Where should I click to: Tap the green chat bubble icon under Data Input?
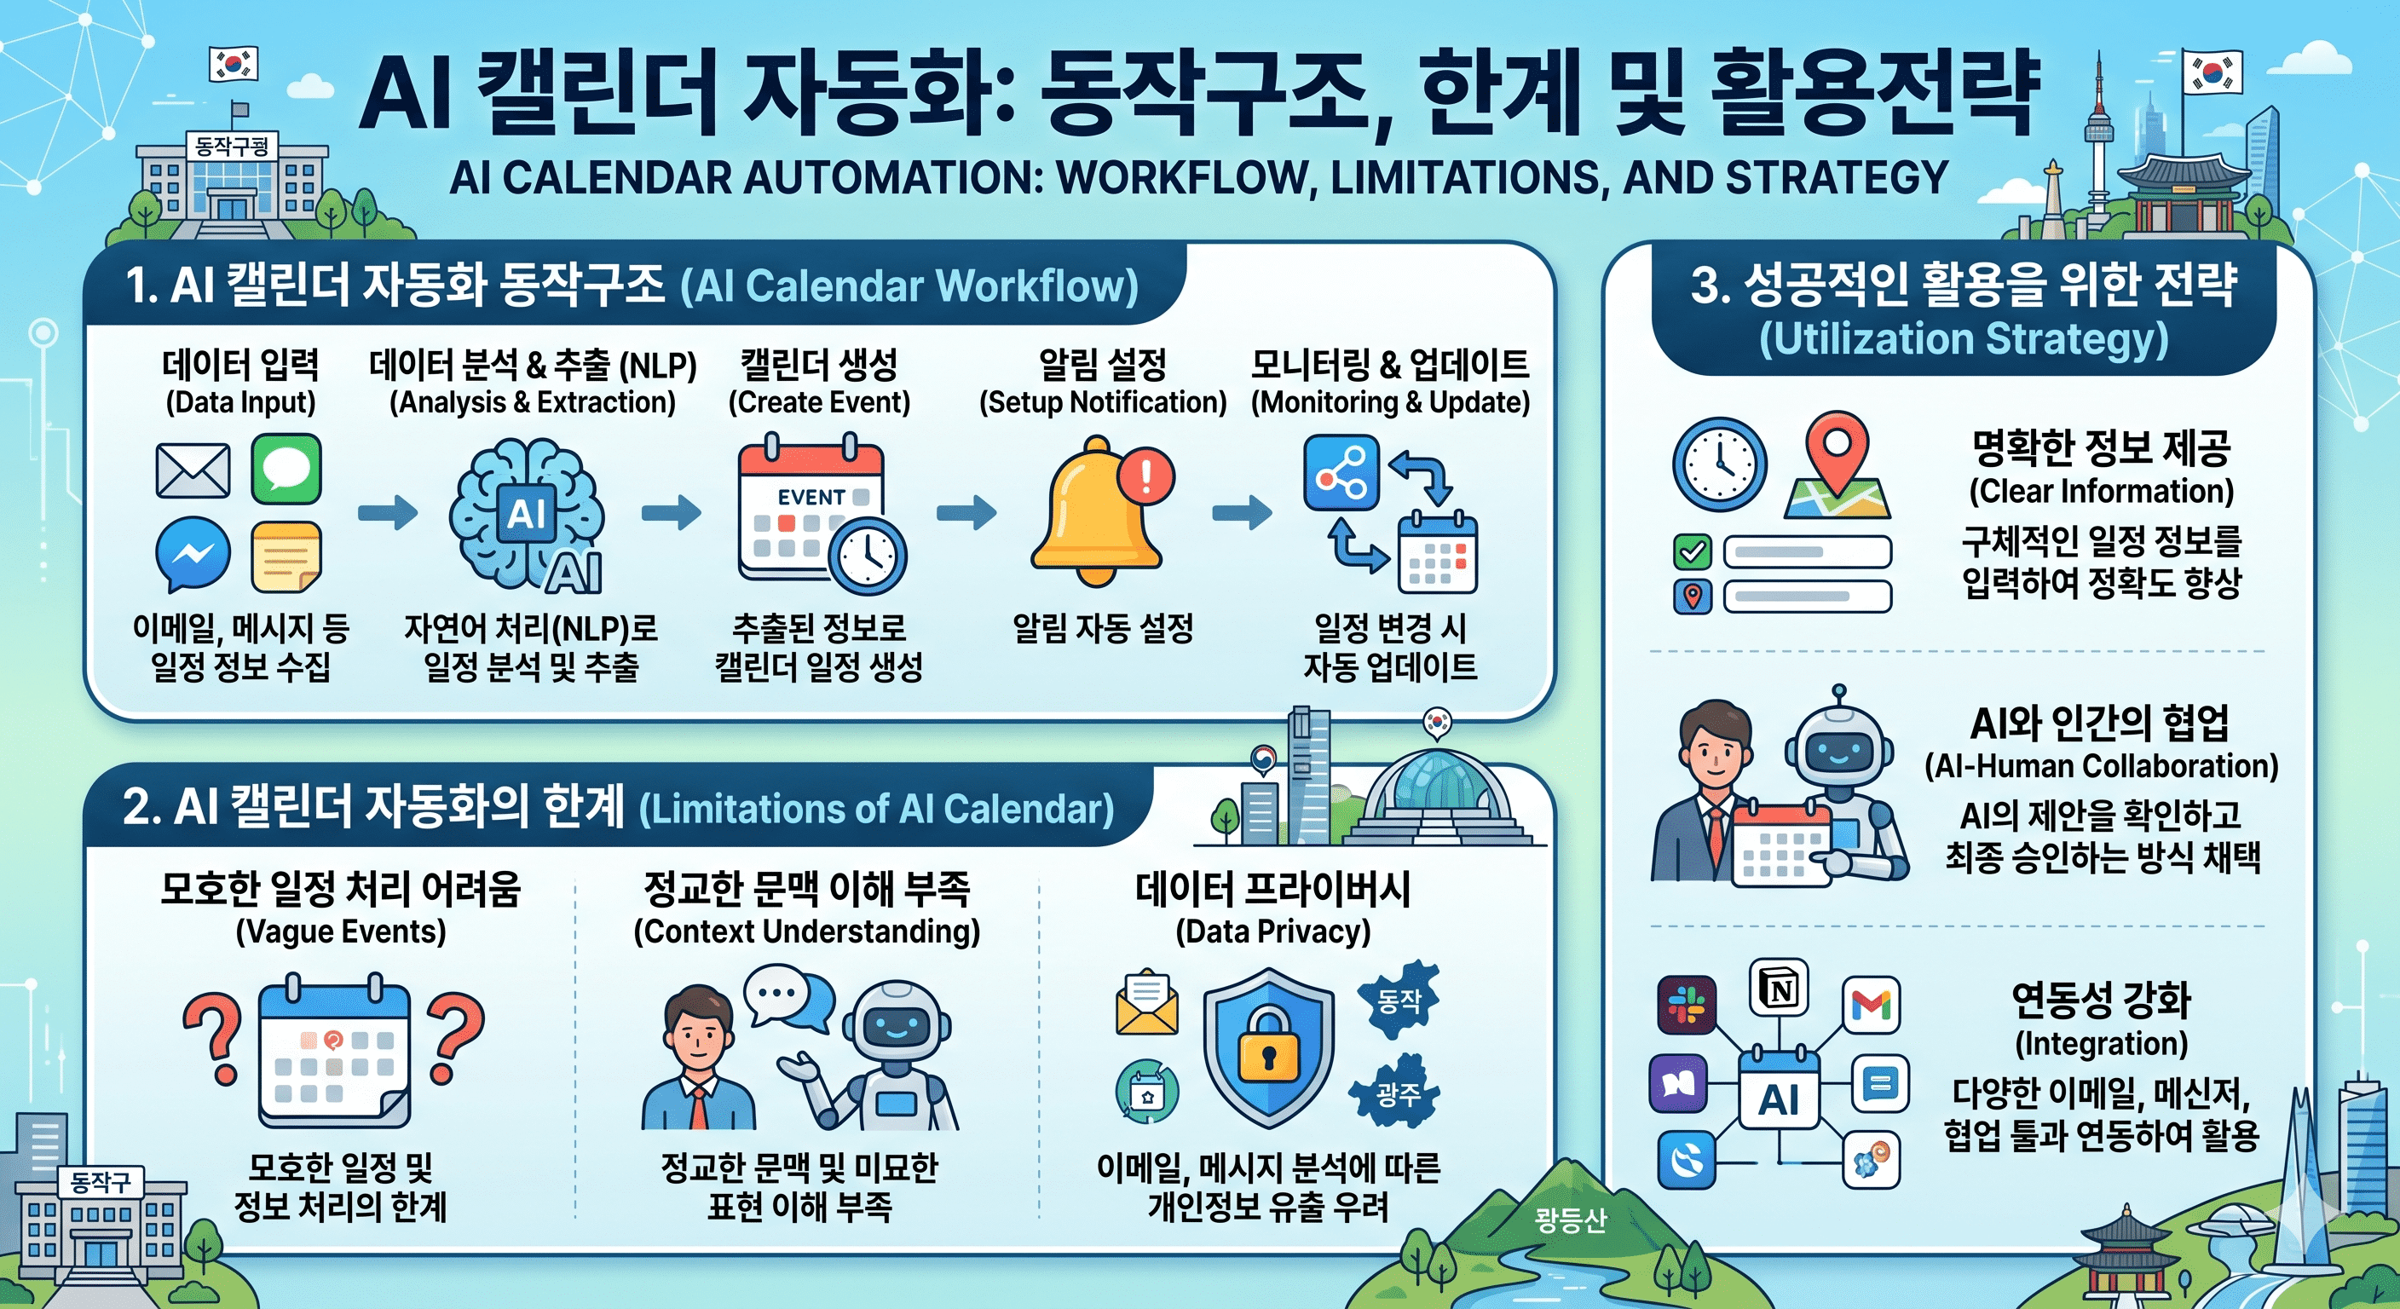pos(286,468)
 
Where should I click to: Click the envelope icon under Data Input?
pos(193,470)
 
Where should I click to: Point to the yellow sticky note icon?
pos(286,556)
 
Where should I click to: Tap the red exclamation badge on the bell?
pos(1146,476)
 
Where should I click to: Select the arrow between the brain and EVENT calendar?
pos(671,511)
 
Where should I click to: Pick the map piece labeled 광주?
pos(1398,1092)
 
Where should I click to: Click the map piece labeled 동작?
pos(1399,1000)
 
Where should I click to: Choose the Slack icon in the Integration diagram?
pos(1687,1006)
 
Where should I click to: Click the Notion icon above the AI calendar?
pos(1780,988)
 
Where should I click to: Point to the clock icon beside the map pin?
pos(1719,464)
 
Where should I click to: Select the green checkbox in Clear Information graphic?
pos(1693,551)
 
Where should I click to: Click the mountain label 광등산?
pos(1570,1220)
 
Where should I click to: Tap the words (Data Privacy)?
pos(1272,931)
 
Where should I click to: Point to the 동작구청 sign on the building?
pos(232,147)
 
